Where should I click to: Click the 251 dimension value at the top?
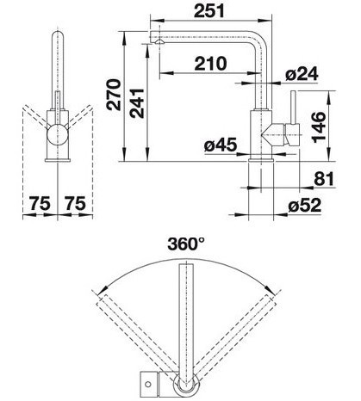tap(209, 11)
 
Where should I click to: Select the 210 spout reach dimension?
tap(210, 64)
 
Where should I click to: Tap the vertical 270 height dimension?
tap(114, 95)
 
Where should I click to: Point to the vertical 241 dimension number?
tap(137, 103)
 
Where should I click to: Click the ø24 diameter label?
tap(302, 74)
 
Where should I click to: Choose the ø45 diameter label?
tap(221, 145)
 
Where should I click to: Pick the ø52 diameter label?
tap(304, 206)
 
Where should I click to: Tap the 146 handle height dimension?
tap(319, 127)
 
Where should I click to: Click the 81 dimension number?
tap(324, 179)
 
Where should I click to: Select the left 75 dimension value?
tap(40, 203)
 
